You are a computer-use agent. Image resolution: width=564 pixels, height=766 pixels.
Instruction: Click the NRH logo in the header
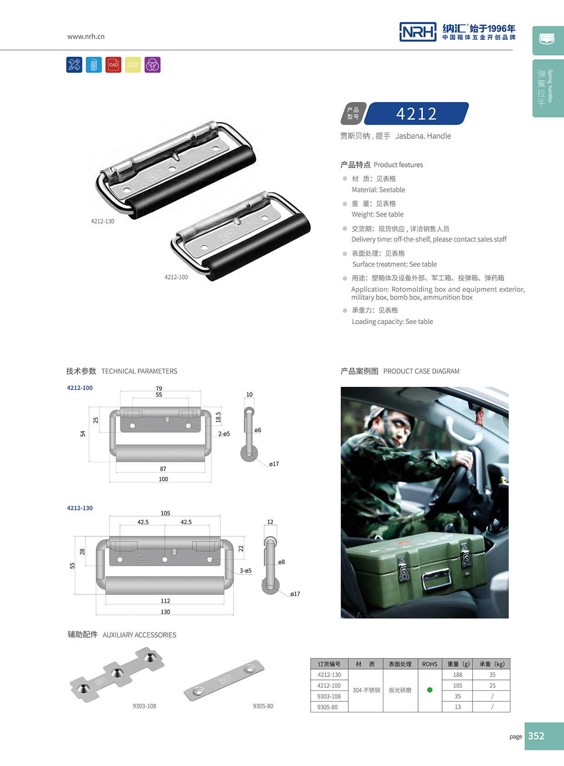418,32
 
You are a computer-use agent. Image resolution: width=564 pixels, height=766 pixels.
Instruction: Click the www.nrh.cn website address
86,36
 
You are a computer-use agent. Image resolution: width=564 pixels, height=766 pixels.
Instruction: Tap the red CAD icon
113,65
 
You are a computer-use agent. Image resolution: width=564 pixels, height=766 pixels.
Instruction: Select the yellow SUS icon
133,65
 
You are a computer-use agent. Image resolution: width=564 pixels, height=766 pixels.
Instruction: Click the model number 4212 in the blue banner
416,113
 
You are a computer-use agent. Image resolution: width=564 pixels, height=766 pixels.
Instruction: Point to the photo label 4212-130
102,221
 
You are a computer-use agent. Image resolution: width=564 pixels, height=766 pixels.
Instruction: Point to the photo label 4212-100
176,277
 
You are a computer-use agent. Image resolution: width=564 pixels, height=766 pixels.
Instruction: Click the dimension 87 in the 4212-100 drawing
163,469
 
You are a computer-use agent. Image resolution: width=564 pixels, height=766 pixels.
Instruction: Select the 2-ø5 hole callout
224,434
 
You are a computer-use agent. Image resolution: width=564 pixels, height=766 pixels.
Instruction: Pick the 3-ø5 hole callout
246,570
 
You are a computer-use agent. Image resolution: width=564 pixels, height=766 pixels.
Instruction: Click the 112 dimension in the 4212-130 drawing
165,601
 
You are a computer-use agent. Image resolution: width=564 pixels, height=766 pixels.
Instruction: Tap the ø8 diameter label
282,562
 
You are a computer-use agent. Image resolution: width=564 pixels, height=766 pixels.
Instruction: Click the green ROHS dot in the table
430,690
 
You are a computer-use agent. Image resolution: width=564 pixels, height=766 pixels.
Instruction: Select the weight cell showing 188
458,675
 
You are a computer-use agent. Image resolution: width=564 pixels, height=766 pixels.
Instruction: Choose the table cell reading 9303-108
329,696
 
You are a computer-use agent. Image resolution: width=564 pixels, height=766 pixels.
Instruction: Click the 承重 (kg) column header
492,664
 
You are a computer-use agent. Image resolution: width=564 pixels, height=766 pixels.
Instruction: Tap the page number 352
536,736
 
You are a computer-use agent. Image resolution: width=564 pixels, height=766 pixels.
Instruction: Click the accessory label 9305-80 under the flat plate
263,706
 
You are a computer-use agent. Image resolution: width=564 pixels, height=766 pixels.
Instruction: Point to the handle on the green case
436,580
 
